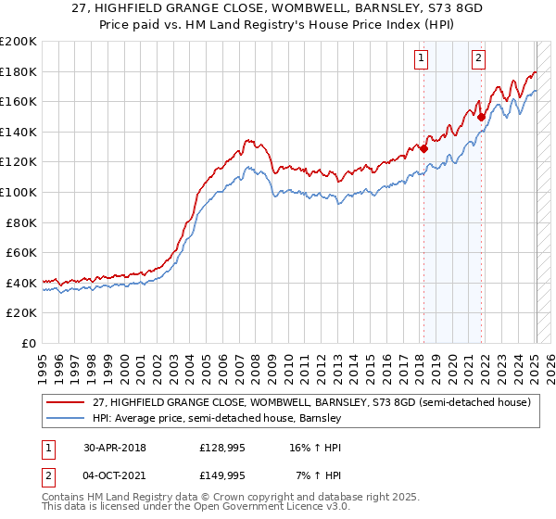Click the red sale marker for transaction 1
[423, 148]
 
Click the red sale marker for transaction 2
[481, 117]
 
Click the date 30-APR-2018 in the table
[107, 448]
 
